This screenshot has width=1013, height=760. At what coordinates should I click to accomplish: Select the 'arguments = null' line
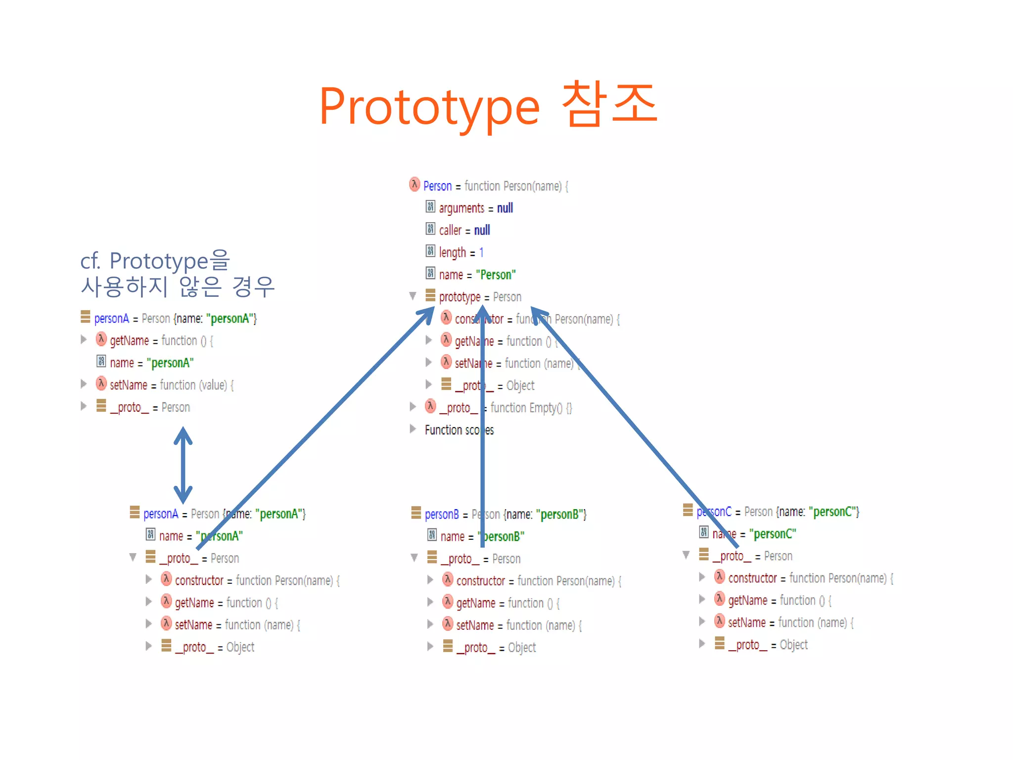pos(475,208)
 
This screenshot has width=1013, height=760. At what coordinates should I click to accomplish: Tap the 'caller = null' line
pos(464,230)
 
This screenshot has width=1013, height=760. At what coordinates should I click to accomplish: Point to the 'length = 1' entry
pos(460,252)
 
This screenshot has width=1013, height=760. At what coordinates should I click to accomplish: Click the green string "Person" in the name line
pos(496,275)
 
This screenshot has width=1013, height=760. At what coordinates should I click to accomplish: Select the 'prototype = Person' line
pos(479,297)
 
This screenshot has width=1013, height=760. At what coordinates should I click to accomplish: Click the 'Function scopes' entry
pos(459,430)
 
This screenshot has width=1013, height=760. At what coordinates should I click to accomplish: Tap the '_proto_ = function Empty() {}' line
pos(505,408)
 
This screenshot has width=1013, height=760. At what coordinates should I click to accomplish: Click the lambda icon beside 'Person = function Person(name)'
pos(414,185)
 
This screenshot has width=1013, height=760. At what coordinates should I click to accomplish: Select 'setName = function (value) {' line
pos(171,385)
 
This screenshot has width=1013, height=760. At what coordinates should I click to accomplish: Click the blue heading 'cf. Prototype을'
pos(155,261)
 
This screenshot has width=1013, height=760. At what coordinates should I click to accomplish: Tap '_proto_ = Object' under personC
pos(767,645)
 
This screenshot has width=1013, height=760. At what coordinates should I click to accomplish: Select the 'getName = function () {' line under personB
pos(507,603)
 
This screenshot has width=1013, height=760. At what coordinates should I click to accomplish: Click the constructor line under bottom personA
pos(256,580)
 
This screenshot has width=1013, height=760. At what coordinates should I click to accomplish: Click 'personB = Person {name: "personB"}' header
pos(505,514)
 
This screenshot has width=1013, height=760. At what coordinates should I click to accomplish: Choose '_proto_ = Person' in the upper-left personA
pos(149,407)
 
